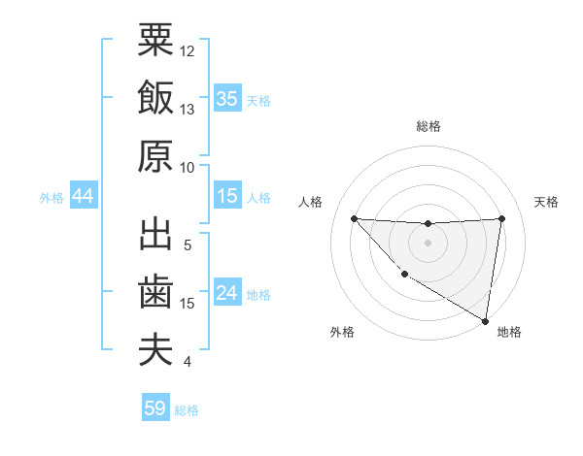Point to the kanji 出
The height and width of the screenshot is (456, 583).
coord(155,235)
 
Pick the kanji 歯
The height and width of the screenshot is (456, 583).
coord(155,293)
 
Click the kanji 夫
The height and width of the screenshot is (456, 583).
coord(155,350)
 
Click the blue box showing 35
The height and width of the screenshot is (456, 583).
coord(227,98)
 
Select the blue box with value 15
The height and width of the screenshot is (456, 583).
coord(227,196)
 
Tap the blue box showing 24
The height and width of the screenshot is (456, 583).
coord(227,293)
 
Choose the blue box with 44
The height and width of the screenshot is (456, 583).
coord(83,196)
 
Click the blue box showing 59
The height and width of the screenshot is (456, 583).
coord(154,408)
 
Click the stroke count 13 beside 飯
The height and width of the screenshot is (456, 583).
coord(188,109)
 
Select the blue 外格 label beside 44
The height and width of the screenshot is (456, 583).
coord(51,197)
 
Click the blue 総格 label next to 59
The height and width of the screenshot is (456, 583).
coord(187,409)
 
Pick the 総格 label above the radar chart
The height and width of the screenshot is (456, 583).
coord(428,126)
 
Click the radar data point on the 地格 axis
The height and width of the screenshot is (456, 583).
coord(486,321)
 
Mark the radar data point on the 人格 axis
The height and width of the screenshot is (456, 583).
coord(354,218)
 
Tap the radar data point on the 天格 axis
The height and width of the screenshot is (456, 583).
coord(501,218)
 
